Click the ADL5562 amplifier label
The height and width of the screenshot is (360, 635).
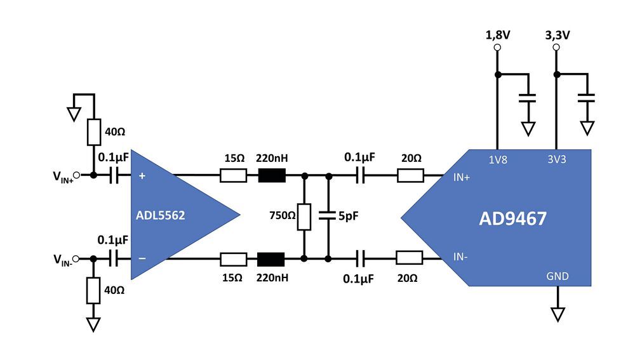160,215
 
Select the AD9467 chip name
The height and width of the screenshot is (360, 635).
512,218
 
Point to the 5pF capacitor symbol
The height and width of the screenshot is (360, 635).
328,217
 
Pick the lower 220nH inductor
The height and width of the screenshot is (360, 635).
271,258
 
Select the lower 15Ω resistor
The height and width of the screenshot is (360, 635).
233,258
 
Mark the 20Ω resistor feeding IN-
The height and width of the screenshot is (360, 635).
409,258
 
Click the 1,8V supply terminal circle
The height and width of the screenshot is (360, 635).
497,48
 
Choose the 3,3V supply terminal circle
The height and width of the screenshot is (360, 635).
557,48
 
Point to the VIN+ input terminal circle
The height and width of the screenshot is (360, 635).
76,175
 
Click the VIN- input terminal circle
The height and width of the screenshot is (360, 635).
76,258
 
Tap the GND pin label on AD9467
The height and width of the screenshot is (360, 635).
558,276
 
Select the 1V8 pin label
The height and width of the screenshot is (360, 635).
497,161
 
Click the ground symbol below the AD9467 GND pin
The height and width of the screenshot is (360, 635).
558,314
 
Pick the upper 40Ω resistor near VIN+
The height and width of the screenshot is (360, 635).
93,133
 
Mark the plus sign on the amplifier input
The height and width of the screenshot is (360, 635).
142,176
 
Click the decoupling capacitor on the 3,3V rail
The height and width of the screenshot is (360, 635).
587,98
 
